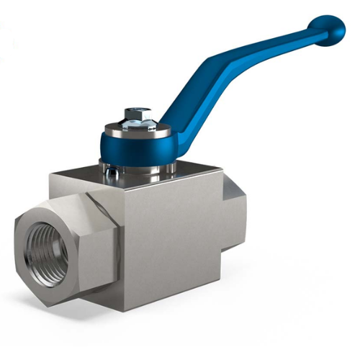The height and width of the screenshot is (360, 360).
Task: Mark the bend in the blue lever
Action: click(216, 68)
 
